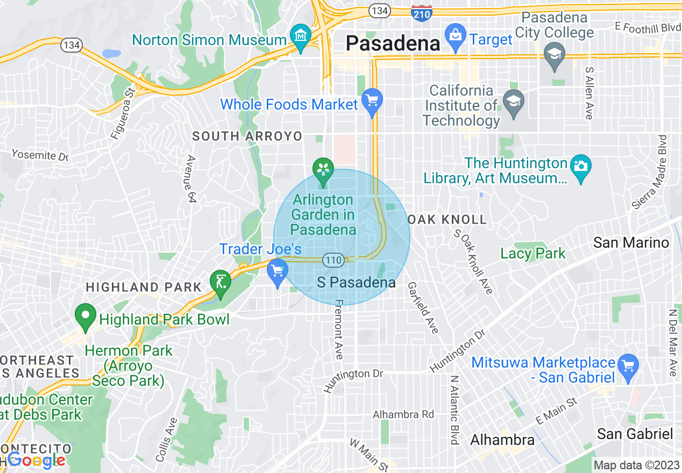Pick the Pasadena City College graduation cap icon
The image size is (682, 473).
point(554,54)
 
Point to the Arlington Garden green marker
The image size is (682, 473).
point(323,170)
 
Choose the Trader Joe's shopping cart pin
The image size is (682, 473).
point(278,271)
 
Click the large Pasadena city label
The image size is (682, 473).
point(393,43)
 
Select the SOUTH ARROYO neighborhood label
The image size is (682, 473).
point(247,137)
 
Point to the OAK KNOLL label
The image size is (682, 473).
point(447,219)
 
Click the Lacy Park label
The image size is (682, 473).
point(533,253)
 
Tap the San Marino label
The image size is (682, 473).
point(631,243)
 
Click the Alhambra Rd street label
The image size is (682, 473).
point(403,414)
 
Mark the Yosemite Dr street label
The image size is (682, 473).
point(40,155)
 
